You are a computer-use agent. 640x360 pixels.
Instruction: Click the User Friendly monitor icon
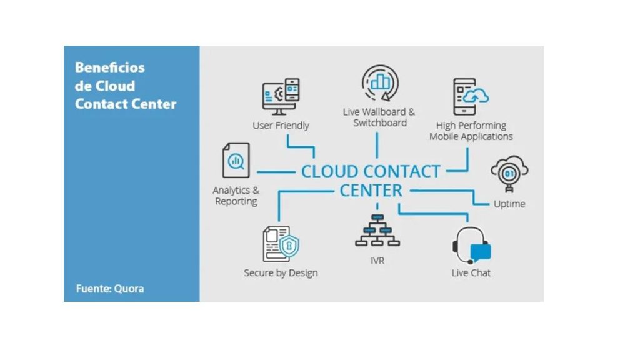[281, 96]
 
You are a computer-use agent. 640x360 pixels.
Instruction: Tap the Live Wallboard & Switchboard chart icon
[380, 83]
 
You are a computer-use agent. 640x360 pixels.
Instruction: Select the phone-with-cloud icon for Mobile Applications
[471, 97]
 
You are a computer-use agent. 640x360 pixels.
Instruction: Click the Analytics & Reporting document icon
[236, 160]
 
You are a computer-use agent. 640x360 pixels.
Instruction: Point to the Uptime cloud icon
[509, 174]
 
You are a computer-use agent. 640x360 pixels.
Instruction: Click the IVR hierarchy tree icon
[377, 231]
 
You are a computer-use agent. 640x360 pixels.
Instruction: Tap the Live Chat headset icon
[471, 246]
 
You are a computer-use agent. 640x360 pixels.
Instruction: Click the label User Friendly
[281, 125]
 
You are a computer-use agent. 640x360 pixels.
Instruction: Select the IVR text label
[377, 261]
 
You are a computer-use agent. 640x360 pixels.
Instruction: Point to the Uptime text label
[509, 204]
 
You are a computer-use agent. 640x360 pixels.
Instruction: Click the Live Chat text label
[471, 272]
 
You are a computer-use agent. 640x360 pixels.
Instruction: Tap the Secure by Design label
[281, 272]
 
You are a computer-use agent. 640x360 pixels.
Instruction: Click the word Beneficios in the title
[110, 67]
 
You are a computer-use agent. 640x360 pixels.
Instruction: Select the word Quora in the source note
[129, 289]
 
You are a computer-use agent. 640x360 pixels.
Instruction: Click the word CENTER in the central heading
[371, 191]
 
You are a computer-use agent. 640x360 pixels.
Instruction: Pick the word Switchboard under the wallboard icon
[380, 123]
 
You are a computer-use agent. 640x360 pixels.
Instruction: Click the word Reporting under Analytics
[236, 201]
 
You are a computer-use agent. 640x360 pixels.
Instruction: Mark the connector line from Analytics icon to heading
[276, 172]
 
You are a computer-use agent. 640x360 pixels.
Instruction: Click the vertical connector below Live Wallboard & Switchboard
[377, 145]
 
